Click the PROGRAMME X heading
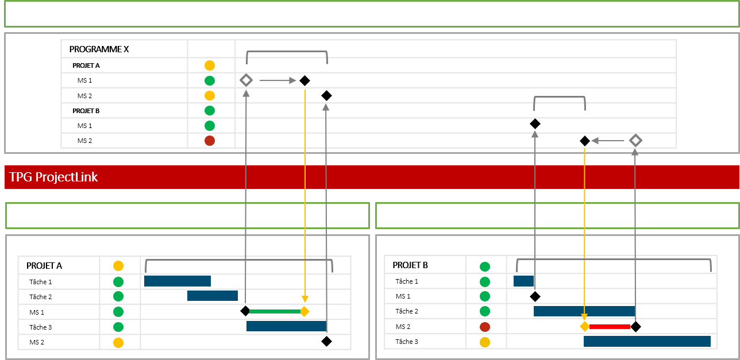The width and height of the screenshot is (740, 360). coord(99,49)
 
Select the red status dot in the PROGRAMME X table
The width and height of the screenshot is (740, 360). coord(210,141)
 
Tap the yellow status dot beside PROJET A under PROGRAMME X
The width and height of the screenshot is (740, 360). coord(210,65)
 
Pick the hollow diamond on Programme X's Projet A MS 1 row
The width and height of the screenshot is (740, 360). coord(246,80)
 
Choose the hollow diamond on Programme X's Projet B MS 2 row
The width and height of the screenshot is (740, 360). coord(635,140)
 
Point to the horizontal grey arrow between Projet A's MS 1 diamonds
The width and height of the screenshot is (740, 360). coord(277,80)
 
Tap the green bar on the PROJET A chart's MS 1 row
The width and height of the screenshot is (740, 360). coord(275,311)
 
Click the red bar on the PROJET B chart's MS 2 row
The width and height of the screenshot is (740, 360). coord(609,327)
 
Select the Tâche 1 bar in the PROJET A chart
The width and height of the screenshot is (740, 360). coord(178,281)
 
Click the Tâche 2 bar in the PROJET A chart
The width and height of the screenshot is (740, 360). coord(213,296)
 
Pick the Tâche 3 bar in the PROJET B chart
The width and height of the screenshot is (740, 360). coord(647,341)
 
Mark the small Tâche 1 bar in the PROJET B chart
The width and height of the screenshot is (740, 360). coord(523,281)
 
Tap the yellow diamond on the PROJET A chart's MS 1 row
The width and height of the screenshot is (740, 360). coord(305,311)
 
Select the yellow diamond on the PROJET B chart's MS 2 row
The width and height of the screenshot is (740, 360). coord(584,327)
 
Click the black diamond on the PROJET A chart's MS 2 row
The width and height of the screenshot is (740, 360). coord(326,341)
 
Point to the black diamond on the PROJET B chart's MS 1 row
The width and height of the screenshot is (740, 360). coord(535,296)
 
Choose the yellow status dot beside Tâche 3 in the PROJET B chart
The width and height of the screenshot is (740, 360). coord(485,342)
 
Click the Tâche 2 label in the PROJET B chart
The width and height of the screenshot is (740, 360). coord(407,311)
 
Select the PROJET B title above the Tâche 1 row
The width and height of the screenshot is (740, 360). coord(410,265)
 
